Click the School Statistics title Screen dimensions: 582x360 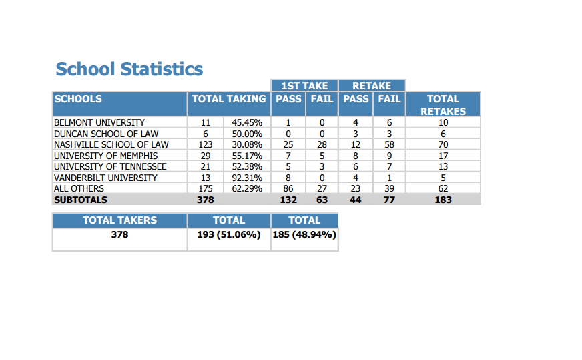point(129,69)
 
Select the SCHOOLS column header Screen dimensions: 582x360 point(78,99)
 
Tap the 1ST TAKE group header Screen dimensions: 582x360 point(304,86)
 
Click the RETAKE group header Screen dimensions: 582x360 point(372,86)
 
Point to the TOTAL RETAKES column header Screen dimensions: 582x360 point(443,105)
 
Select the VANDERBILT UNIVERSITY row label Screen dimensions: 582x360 point(105,178)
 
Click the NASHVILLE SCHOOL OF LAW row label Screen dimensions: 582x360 point(111,144)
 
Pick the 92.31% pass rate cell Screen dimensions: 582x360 point(247,178)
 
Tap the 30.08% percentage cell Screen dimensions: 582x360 point(247,144)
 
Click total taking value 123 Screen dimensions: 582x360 point(206,144)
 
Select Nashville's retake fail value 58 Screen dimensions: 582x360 point(389,144)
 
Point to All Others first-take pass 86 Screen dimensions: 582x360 point(288,189)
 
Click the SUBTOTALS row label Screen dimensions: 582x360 point(81,200)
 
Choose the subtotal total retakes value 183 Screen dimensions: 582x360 point(443,200)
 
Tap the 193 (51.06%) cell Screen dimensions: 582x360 point(229,235)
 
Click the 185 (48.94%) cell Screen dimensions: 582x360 point(304,235)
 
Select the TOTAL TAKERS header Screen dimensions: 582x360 point(120,220)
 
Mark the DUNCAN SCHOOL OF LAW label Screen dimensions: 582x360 point(106,134)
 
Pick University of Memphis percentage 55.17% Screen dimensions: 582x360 point(247,156)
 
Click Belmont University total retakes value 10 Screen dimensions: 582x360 point(443,123)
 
